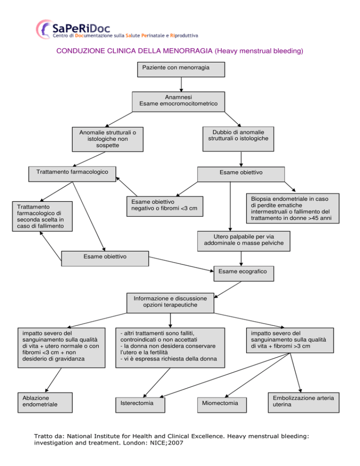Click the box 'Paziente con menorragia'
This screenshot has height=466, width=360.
[x=181, y=69]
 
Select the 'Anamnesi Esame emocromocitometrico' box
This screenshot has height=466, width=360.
[x=179, y=102]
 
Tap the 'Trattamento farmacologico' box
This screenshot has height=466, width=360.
[x=72, y=174]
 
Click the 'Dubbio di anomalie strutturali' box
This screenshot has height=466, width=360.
[x=238, y=139]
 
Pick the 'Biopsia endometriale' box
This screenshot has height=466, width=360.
[x=292, y=208]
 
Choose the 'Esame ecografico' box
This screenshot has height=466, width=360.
[x=244, y=273]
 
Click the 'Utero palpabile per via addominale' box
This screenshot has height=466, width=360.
[x=244, y=241]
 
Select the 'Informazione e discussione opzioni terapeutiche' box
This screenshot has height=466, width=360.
[x=170, y=303]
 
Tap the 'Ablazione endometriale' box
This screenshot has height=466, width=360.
[x=45, y=402]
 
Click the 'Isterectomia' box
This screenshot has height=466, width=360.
[x=140, y=405]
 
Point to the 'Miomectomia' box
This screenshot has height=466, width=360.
[x=222, y=405]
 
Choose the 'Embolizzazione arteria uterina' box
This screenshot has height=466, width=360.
[x=304, y=402]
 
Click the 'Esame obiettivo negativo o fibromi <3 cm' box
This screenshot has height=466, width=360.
[x=165, y=206]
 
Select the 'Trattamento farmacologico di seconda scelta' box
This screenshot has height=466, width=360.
[x=42, y=217]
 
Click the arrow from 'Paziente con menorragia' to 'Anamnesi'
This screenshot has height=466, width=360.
[x=181, y=84]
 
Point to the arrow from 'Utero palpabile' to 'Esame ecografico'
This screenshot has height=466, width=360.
[x=241, y=259]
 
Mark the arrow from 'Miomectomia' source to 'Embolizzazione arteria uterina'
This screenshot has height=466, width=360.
[x=296, y=373]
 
